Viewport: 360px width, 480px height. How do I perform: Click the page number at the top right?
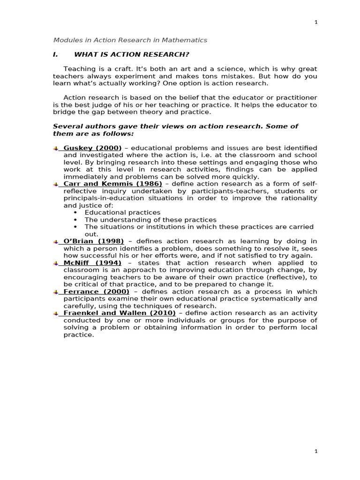coord(316,22)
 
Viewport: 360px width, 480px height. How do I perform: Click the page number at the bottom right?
coord(316,451)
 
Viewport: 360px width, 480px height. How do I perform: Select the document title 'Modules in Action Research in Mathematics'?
coord(130,40)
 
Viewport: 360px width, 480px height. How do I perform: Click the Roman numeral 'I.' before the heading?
coord(55,54)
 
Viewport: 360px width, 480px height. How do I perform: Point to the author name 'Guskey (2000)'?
coord(92,148)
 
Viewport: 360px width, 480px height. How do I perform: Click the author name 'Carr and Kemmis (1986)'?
coord(112,184)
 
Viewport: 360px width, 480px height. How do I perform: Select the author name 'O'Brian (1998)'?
coord(93,241)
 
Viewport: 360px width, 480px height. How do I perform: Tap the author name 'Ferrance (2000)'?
coord(96,292)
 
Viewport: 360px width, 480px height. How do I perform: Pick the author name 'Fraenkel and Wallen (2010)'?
coord(119,313)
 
